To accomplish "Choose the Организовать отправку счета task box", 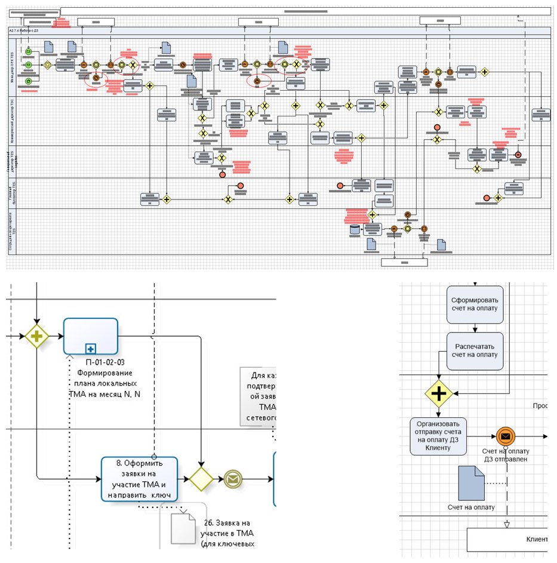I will coord(439,436).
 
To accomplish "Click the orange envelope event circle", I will coord(505,436).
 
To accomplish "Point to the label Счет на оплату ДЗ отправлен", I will coord(506,455).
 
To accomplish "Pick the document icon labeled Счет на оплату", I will coord(472,483).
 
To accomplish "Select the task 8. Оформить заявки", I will coord(140,478).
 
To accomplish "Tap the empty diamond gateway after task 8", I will coord(201,478).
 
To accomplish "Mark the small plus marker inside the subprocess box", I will coord(90,347).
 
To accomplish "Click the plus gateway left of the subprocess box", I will coord(37,336).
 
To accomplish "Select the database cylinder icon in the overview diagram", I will coord(356,229).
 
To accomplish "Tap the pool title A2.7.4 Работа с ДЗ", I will coord(24,30).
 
